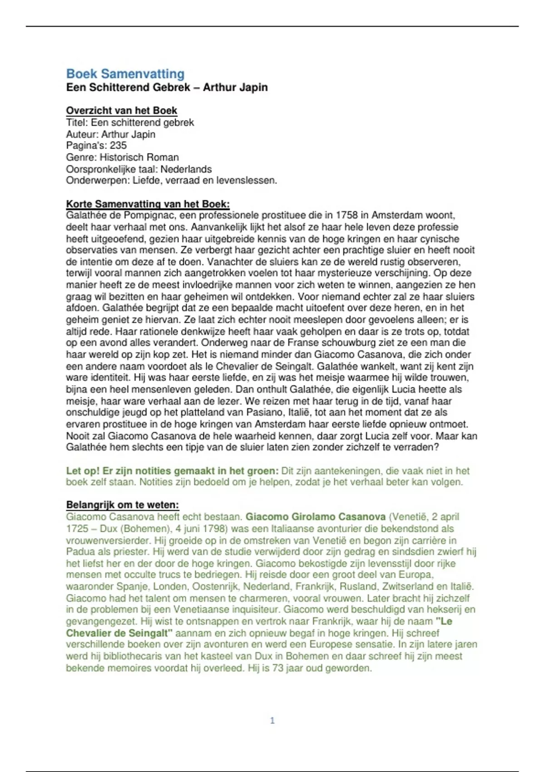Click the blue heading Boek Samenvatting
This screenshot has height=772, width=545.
(x=125, y=74)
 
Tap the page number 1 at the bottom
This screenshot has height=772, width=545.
(x=272, y=720)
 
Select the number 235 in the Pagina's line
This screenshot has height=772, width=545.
(x=118, y=145)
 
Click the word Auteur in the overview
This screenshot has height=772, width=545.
(x=82, y=134)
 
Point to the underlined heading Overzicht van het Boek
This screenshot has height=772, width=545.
(x=121, y=110)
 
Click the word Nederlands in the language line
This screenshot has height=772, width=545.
(x=186, y=169)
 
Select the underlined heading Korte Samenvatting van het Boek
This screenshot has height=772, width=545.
(x=148, y=204)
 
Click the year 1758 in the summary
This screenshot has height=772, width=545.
(x=347, y=215)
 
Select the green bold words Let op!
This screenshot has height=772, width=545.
(x=83, y=470)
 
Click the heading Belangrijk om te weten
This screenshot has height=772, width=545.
(x=122, y=505)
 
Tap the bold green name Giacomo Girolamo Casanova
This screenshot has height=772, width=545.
(x=315, y=517)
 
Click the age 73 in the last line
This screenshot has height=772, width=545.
(x=277, y=668)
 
